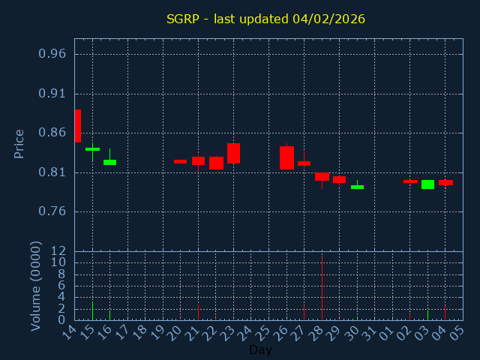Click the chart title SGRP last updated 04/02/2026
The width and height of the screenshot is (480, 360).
point(265,19)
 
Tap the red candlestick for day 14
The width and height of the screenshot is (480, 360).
point(77,126)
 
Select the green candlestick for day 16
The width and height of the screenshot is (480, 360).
point(109,162)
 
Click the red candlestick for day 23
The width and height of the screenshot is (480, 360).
point(233,153)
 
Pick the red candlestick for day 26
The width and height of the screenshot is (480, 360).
point(286,157)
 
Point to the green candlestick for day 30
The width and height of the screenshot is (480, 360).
point(357,187)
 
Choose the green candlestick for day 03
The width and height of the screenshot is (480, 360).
point(427,184)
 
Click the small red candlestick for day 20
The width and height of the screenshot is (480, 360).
point(180,161)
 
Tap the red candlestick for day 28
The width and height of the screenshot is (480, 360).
point(322,176)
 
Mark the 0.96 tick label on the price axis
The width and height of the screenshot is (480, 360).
point(52,54)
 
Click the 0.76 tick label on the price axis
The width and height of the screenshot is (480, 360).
point(52,211)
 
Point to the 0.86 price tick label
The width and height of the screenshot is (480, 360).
point(52,133)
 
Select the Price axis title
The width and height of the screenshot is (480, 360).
point(19,143)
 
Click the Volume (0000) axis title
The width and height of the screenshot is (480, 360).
point(36,286)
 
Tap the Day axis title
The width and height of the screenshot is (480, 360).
point(260,350)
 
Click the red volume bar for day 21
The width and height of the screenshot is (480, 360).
point(198,311)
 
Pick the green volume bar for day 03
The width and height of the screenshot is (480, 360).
point(427,315)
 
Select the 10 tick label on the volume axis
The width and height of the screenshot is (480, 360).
point(58,262)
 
